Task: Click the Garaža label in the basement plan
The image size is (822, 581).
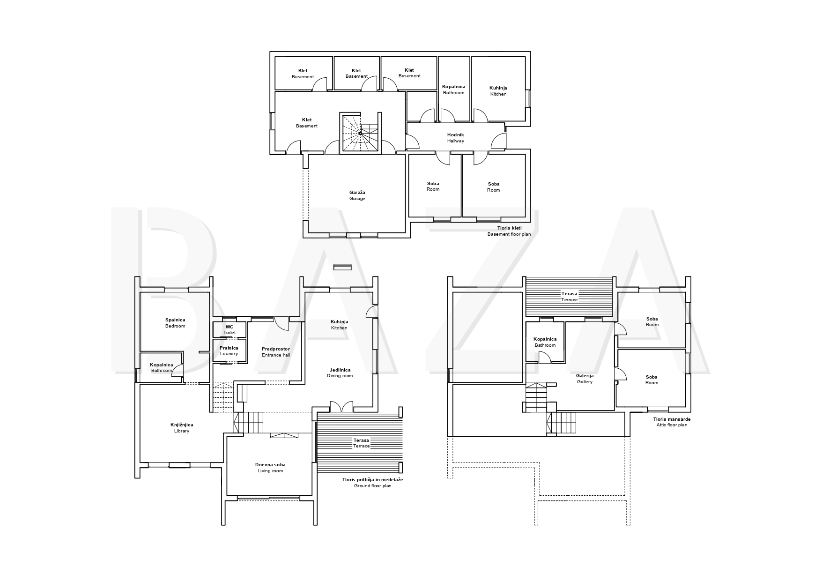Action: coord(357,195)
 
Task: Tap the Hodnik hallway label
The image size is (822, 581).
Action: coord(455,138)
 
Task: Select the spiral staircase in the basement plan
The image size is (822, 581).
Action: coord(360,134)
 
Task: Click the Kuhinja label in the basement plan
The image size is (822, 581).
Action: coord(498,91)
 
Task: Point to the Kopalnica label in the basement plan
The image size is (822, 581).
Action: coord(453,89)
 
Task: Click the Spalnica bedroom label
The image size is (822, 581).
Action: coord(175,323)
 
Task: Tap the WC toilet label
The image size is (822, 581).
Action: coord(230,329)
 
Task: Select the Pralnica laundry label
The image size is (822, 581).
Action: coord(229,350)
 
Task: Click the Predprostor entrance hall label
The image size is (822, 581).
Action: coord(276,352)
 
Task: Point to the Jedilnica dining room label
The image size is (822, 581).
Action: coord(340,373)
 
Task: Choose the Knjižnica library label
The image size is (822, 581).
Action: coord(182,428)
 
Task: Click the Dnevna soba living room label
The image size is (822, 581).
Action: coord(270,468)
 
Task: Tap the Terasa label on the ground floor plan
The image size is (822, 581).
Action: coord(361,443)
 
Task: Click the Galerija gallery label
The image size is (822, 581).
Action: coord(585,379)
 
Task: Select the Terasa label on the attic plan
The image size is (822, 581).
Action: coord(570,297)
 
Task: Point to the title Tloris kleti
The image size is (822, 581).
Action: coord(509,231)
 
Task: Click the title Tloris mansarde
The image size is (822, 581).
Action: coord(672,422)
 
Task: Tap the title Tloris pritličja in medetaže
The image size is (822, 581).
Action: coord(372,483)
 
